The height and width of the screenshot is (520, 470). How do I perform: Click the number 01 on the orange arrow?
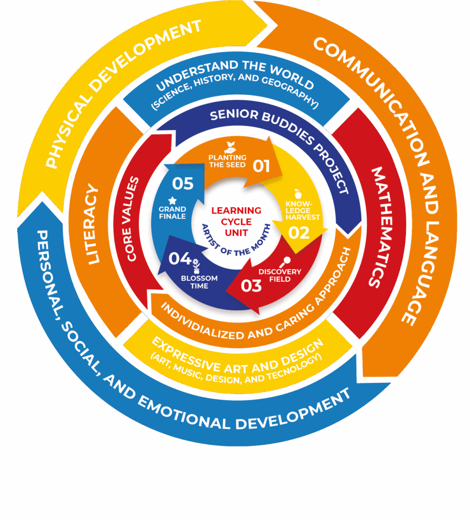tap(261, 166)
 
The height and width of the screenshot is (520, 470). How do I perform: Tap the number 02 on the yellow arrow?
tap(299, 233)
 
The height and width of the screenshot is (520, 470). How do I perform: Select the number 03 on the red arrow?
tap(251, 285)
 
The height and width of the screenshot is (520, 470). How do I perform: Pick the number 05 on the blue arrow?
tap(183, 183)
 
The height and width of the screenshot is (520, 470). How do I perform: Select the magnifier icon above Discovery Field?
tap(285, 261)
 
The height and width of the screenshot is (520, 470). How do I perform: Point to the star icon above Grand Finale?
tap(172, 200)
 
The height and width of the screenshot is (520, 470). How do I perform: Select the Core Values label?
tap(133, 218)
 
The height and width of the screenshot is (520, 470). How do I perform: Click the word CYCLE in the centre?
tap(236, 221)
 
